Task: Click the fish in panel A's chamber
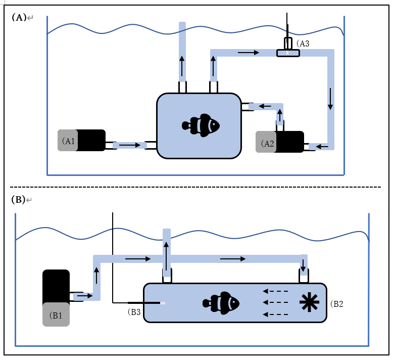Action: point(201,124)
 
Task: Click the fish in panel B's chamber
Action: point(221,302)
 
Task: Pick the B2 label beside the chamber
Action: point(337,304)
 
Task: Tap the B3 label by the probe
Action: point(135,312)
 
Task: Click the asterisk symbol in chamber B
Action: point(307,302)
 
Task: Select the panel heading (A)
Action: point(19,17)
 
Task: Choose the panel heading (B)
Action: point(18,199)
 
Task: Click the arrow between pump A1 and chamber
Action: point(130,145)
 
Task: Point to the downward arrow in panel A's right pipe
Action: point(330,99)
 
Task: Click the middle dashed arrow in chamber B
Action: point(276,303)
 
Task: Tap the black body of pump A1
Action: point(91,141)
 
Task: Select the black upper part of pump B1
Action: point(56,286)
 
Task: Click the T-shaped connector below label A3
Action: point(288,53)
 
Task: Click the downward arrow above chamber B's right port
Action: point(303,264)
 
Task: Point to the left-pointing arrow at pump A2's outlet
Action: point(322,147)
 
